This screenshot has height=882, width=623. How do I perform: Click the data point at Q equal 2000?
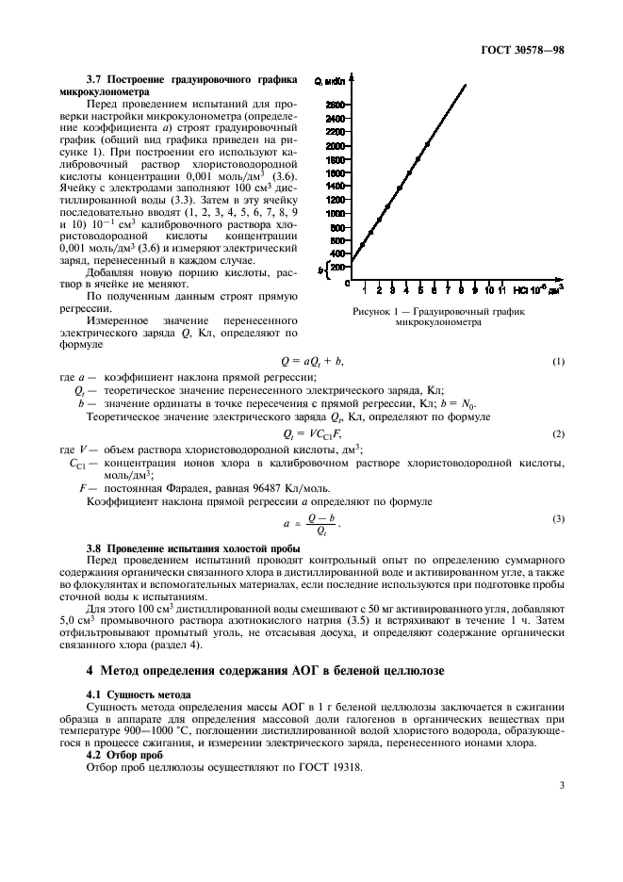[427, 145]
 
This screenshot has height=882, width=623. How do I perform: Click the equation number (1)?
[558, 362]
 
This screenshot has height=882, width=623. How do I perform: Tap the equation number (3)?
[558, 519]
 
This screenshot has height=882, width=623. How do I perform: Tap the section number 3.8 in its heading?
[96, 547]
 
